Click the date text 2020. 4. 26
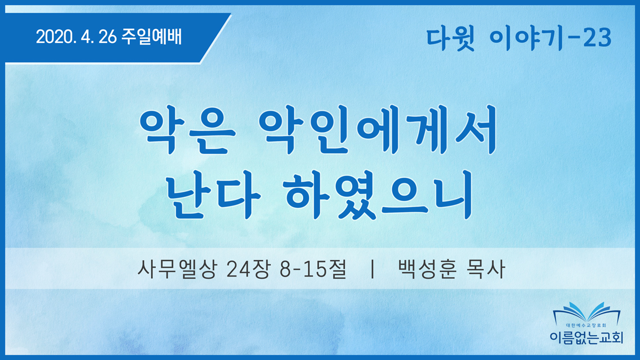pyautogui.click(x=76, y=37)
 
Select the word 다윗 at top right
pyautogui.click(x=450, y=38)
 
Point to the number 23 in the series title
pyautogui.click(x=597, y=38)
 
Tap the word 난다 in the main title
pyautogui.click(x=213, y=195)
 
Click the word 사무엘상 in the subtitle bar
pyautogui.click(x=176, y=269)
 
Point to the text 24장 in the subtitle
pyautogui.click(x=248, y=269)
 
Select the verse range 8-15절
pyautogui.click(x=313, y=269)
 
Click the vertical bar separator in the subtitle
pyautogui.click(x=372, y=269)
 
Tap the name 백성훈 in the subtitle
pyautogui.click(x=427, y=269)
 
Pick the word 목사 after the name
pyautogui.click(x=486, y=269)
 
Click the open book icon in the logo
pyautogui.click(x=586, y=312)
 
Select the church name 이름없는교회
pyautogui.click(x=586, y=337)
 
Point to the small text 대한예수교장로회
pyautogui.click(x=586, y=326)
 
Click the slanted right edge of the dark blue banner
pyautogui.click(x=216, y=38)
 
